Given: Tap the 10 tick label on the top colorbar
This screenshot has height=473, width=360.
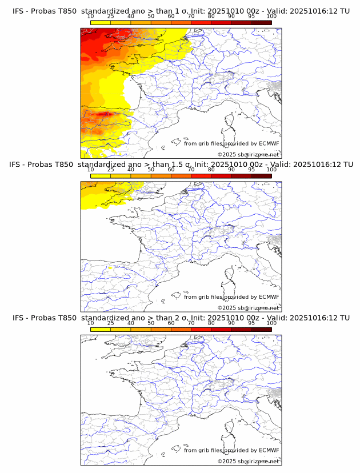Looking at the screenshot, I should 90,16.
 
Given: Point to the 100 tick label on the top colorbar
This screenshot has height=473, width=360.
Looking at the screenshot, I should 271,16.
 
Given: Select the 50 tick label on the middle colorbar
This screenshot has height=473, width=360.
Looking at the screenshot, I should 151,169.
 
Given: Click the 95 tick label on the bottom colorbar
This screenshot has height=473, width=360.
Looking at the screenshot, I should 251,323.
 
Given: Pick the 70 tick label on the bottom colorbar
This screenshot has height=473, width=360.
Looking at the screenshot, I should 191,323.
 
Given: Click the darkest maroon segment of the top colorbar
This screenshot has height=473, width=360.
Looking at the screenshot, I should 261,22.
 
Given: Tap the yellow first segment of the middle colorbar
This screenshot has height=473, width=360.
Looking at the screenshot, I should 100,176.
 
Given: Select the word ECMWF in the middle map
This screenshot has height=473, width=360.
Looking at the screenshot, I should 269,297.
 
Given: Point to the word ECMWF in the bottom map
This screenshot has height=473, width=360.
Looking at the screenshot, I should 269,450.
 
